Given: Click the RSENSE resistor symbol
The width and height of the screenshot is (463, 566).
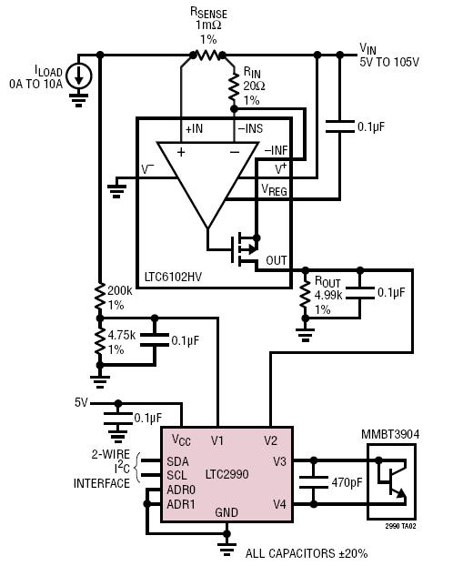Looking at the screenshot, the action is point(208,56).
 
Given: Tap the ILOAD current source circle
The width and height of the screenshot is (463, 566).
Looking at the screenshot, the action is point(79,76).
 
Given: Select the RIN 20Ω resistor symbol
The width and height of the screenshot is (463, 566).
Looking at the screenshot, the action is point(234,86).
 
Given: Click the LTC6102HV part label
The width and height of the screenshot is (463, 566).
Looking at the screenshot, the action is point(173,278).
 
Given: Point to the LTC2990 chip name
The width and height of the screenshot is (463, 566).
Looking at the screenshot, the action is point(227,474).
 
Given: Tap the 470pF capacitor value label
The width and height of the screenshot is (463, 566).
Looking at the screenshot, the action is point(347,482).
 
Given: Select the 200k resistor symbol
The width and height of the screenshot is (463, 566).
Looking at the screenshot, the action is point(100,297).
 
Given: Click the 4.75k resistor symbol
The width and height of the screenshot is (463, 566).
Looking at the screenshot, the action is point(100,341).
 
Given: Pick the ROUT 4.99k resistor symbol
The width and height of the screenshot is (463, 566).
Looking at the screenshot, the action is point(306,294).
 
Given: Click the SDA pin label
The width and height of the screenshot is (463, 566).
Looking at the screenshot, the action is point(177,461).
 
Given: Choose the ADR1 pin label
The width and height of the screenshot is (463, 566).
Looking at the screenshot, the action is point(181,504).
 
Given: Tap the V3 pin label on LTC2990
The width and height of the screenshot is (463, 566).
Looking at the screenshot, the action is point(279,461).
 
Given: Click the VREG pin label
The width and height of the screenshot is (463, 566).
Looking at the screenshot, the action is point(275,189).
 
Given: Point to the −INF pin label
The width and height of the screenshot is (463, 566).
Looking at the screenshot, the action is point(277,150).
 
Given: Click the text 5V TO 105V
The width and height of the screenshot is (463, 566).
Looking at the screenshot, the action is point(389,62).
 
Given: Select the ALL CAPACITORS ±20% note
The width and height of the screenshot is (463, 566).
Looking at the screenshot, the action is point(307,553).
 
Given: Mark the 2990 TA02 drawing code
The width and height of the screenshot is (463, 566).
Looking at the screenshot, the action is point(400,526).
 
